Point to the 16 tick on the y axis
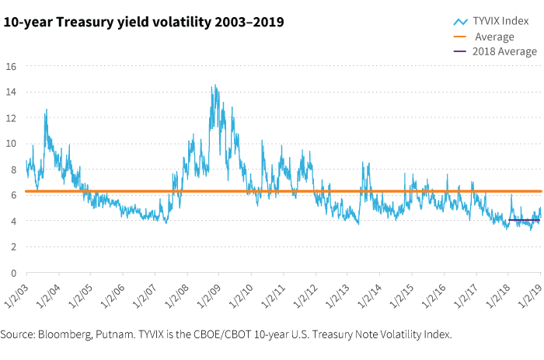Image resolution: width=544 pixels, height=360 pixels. pos(12,66)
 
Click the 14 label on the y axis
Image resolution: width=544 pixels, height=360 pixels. pos(12,92)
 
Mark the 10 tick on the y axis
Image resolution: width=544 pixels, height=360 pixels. pos(12,144)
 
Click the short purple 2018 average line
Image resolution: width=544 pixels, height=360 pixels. pos(526,221)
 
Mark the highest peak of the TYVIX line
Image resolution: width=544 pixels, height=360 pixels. pos(214,86)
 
